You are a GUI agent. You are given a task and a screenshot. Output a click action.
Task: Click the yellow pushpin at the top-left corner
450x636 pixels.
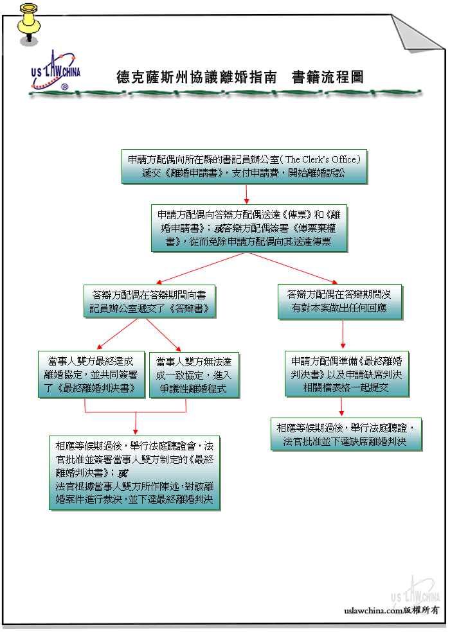coord(28,24)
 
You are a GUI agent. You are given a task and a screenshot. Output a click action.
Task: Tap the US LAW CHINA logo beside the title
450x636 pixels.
coord(55,71)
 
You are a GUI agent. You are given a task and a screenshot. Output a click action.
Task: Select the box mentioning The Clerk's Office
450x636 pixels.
coord(244,166)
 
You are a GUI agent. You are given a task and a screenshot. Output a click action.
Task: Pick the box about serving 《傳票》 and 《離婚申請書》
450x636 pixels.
coord(249,228)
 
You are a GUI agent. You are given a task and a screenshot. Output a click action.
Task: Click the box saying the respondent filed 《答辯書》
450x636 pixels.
coord(149,302)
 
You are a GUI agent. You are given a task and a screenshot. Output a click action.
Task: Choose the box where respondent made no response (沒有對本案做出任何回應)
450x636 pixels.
coord(339,302)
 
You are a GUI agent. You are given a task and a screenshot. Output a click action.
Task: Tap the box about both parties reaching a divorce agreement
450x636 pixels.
coord(91,375)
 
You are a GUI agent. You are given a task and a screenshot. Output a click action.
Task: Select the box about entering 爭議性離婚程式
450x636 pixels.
coord(194,375)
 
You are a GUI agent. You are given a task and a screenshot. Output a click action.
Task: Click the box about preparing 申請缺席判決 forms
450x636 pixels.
coord(347,374)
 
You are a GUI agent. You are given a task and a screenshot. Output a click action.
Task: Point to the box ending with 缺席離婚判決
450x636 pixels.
coord(346,434)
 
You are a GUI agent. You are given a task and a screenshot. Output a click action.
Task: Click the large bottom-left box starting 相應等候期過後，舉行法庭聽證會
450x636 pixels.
coord(134,473)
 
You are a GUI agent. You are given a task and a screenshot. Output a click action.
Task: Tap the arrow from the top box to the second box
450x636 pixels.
coord(246,194)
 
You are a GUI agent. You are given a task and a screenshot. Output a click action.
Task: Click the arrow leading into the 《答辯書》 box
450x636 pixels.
coord(200,268)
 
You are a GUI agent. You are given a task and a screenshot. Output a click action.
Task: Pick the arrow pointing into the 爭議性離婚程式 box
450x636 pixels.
coord(163,335)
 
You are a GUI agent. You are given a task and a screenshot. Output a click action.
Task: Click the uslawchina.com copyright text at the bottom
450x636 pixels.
coord(392,610)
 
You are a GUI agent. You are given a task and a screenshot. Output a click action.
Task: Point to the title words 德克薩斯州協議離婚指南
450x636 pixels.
coord(197,77)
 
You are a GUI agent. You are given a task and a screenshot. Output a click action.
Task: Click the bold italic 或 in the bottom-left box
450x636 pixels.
coord(123,473)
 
